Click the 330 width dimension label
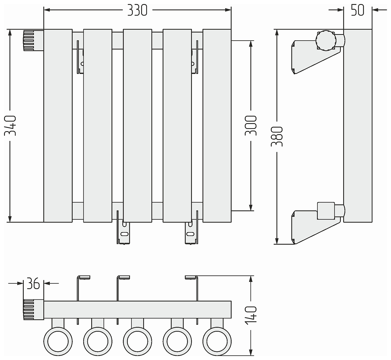(137, 10)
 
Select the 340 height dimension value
(11, 125)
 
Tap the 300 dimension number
(251, 125)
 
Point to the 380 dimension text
(277, 137)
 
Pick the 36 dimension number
(33, 284)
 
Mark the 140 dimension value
(251, 314)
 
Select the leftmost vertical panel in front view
(58, 125)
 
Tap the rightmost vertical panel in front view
(217, 125)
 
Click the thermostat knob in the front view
(33, 40)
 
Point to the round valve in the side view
(325, 40)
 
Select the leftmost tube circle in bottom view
(58, 341)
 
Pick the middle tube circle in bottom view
(137, 341)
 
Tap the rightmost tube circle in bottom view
(216, 341)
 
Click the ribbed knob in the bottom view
(33, 310)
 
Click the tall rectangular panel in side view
(358, 125)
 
